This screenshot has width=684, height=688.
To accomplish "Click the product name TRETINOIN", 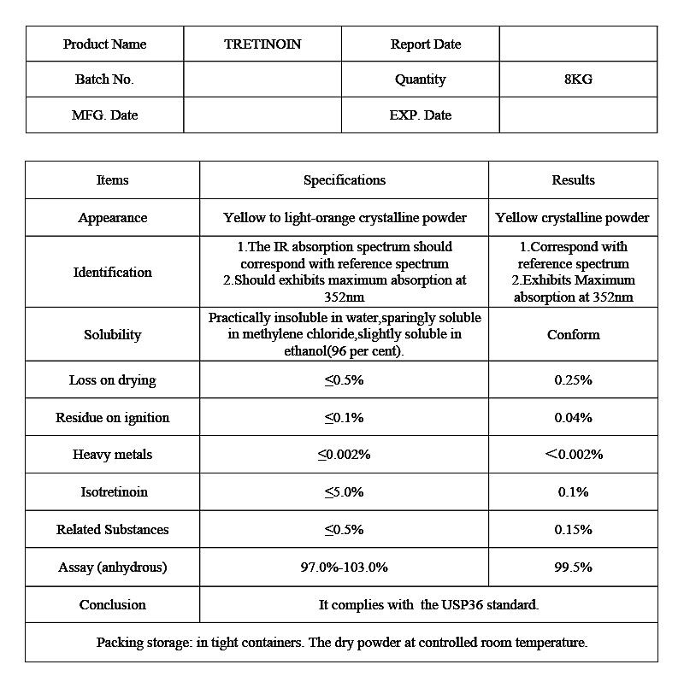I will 262,44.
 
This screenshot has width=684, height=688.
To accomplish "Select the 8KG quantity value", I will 578,79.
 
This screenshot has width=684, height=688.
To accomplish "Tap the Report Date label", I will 425,44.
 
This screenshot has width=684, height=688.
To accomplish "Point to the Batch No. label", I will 104,79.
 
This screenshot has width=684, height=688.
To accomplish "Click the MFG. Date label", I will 104,115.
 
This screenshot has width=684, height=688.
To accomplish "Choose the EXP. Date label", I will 420,115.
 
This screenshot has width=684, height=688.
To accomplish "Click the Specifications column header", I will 344,180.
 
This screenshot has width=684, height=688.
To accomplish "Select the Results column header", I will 573,180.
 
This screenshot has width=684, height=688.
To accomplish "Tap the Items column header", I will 112,180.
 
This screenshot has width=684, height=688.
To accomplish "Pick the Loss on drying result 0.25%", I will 573,380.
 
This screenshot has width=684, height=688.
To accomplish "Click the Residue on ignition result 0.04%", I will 573,418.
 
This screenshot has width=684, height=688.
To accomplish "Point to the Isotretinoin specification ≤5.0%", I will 344,492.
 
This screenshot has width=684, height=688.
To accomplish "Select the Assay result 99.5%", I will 573,567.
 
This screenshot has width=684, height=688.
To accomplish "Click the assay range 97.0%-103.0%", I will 344,567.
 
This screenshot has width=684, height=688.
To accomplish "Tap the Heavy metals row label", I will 112,455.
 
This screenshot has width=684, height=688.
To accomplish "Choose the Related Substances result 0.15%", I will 573,530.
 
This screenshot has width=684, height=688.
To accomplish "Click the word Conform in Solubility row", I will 573,335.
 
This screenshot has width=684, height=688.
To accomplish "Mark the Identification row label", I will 112,273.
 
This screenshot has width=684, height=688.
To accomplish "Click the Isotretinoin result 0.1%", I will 573,492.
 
